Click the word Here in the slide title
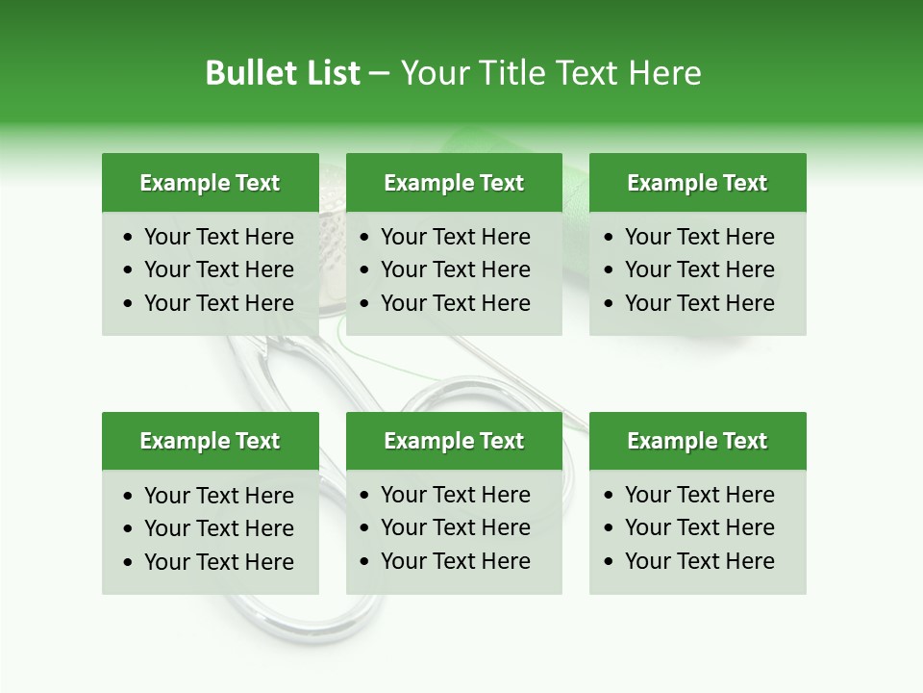point(664,73)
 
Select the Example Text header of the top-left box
point(210,183)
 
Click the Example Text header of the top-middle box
point(454,183)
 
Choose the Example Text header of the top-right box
point(697,183)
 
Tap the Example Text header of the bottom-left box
point(210,441)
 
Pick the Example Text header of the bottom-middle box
point(454,441)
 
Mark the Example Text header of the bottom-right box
point(697,441)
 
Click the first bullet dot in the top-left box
point(129,238)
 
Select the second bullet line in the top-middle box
point(455,269)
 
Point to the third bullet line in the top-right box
point(699,303)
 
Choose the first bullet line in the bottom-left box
point(218,496)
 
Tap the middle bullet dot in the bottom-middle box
point(365,528)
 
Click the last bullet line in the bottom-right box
point(699,561)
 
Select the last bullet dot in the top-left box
point(129,304)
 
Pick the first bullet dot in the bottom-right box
point(610,496)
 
